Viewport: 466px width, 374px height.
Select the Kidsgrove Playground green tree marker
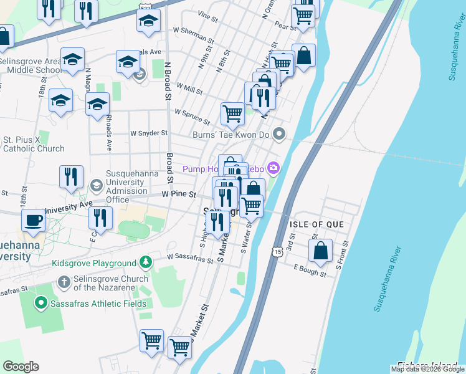tap(145, 262)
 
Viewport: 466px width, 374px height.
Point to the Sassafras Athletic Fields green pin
tap(41, 304)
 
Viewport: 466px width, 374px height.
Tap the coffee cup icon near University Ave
tap(33, 220)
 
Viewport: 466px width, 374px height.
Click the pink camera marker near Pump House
tap(273, 168)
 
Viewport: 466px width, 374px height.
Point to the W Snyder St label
tap(148, 133)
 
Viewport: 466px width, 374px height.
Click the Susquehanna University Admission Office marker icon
tap(97, 186)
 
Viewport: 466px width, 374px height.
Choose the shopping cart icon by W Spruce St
tap(232, 113)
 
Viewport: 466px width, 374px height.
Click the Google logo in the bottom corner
tap(21, 366)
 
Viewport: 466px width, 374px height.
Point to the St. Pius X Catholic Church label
tap(34, 144)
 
